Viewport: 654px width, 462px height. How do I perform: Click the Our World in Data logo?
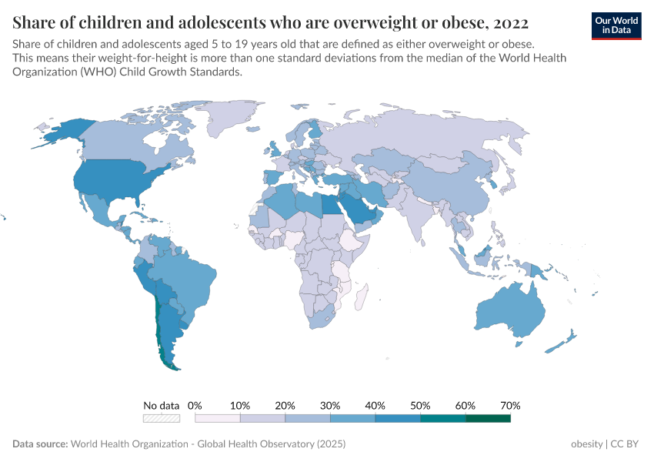616,25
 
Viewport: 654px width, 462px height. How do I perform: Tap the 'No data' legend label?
161,405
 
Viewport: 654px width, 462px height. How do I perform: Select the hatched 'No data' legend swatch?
161,418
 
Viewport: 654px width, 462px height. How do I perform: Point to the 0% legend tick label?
195,405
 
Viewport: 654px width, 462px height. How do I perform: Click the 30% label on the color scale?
330,405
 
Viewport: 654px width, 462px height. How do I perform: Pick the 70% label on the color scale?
510,405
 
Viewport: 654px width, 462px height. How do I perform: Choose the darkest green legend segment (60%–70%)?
488,418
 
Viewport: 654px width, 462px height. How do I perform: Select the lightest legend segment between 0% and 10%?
218,418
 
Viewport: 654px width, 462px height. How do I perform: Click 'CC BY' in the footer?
626,444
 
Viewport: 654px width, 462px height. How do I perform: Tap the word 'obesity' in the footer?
586,444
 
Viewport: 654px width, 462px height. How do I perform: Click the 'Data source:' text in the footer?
40,444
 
